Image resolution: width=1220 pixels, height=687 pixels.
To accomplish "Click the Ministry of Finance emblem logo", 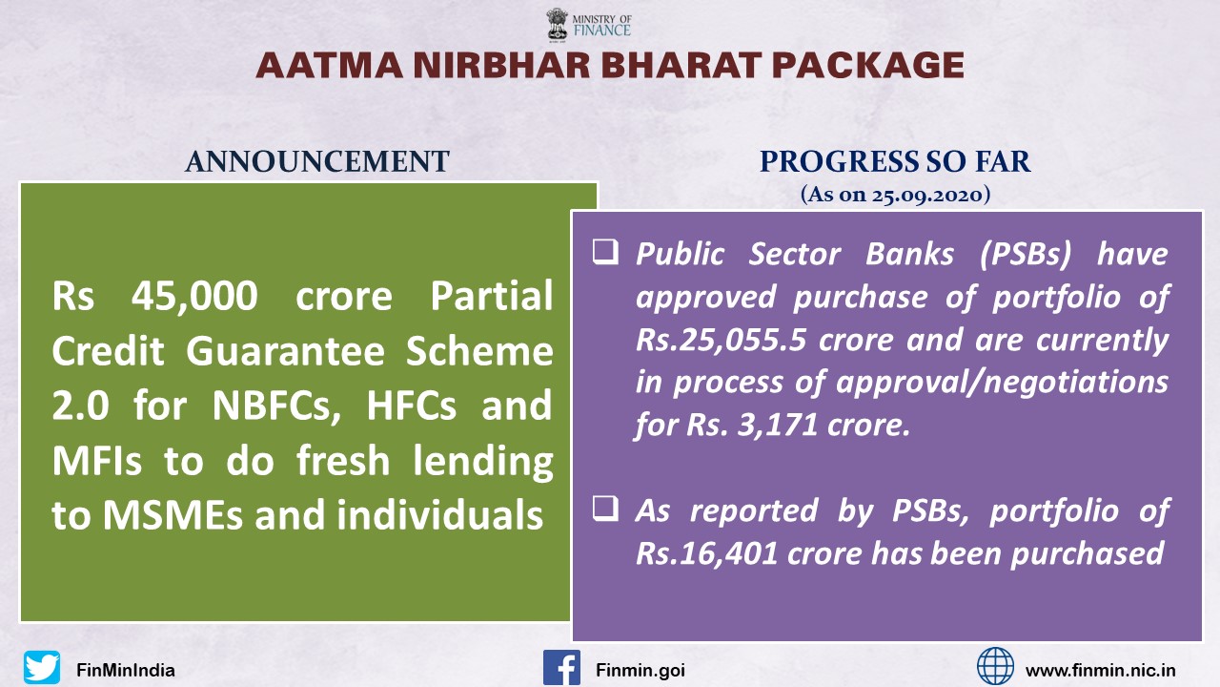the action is pos(558,25).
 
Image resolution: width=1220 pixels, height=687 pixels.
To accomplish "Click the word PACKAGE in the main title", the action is pos(867,66).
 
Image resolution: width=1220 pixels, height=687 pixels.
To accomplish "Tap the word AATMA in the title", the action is pos(329,66).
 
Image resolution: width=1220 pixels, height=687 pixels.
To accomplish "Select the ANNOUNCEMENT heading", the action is pos(317,161).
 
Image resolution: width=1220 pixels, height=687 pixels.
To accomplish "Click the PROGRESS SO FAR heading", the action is pos(895,161).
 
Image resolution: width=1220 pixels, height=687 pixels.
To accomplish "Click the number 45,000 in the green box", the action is pos(193,297).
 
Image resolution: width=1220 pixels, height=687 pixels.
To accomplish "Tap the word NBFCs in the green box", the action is pos(276,406).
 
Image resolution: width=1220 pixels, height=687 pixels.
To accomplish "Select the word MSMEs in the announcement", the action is pos(173,515).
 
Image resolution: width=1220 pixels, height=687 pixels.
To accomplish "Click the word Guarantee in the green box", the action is pos(285,351).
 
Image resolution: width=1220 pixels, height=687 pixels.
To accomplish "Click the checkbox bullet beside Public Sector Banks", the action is pos(605,251).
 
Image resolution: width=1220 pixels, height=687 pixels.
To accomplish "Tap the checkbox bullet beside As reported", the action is pos(605,508).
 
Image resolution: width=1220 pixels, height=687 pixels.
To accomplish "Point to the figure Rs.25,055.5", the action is pos(722,341).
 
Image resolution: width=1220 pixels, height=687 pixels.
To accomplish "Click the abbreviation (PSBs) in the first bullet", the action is pos(1025,255).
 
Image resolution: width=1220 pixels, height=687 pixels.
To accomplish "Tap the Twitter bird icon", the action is pos(41,667).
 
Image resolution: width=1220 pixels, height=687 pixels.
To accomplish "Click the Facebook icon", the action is pos(561,667).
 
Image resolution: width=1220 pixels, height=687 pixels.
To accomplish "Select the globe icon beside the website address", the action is pos(995,666).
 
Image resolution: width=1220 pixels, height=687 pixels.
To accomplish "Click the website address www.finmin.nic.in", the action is pos(1100,670).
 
